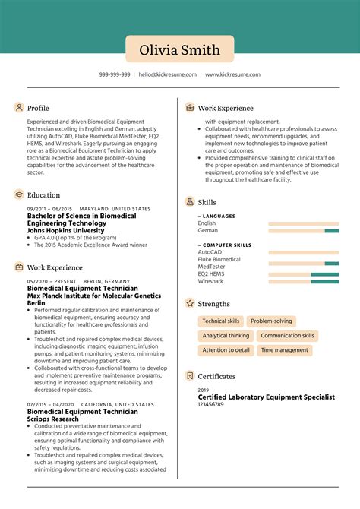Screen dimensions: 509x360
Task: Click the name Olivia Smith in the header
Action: [x=180, y=50]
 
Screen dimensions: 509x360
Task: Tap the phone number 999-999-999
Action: [x=115, y=74]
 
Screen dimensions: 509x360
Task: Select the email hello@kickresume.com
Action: [x=168, y=74]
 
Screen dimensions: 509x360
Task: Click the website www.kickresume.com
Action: [x=232, y=74]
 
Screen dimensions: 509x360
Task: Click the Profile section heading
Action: [x=38, y=108]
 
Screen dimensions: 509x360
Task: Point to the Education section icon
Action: [x=18, y=194]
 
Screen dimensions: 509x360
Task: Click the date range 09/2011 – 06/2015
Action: [x=49, y=209]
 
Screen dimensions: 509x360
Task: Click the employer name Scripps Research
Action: [x=53, y=419]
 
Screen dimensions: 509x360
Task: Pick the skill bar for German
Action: [x=303, y=230]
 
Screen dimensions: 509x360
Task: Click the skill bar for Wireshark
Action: [x=303, y=281]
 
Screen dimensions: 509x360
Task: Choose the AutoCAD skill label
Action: [x=210, y=251]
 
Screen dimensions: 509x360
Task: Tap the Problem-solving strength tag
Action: [x=271, y=321]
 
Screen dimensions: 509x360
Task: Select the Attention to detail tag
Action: [x=226, y=350]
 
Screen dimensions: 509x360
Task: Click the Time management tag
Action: [x=284, y=350]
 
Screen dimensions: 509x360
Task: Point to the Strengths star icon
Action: [x=189, y=303]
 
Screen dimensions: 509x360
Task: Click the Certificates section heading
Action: [x=216, y=376]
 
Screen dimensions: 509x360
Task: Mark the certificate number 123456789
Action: [x=211, y=404]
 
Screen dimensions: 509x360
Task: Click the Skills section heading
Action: [x=207, y=202]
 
